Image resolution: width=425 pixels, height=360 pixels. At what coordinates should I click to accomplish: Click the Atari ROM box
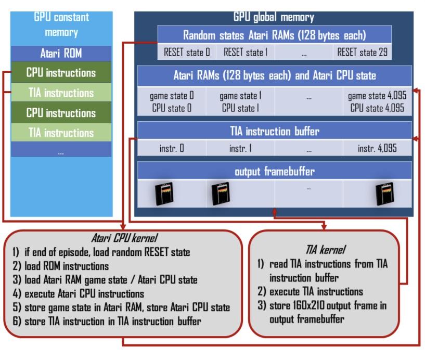coord(61,53)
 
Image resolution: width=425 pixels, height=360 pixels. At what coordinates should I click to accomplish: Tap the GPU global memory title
coord(274,17)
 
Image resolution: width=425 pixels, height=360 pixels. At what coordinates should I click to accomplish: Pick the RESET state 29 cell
coord(362,52)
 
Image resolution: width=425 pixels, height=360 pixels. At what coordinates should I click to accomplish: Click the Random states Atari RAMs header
coord(275,35)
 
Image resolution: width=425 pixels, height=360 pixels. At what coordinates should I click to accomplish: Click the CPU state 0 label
coord(172,108)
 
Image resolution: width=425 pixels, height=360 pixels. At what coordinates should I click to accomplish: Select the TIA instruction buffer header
coord(275,131)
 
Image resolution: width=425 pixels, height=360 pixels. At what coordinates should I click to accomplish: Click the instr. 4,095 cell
coord(377,148)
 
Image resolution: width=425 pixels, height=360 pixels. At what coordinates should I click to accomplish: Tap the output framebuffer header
coord(275,171)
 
